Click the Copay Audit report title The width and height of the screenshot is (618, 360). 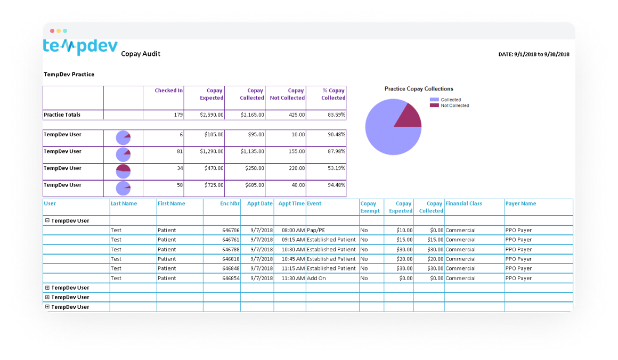point(141,54)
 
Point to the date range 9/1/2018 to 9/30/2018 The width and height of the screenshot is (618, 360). point(534,54)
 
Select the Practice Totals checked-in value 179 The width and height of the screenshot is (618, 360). point(177,115)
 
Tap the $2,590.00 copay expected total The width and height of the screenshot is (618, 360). point(212,115)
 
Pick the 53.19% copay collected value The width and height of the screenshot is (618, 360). point(336,168)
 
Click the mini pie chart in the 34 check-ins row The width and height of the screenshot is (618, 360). point(123,171)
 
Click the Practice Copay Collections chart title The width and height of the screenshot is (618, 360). point(419,89)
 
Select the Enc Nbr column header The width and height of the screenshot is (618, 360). point(230,203)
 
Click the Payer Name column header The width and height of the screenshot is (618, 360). point(521,203)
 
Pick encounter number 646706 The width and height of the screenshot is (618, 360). point(231,231)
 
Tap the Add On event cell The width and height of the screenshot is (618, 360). point(316,279)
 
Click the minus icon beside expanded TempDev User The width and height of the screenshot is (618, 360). point(47,220)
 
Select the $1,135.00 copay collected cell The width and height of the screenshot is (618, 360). point(252,151)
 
